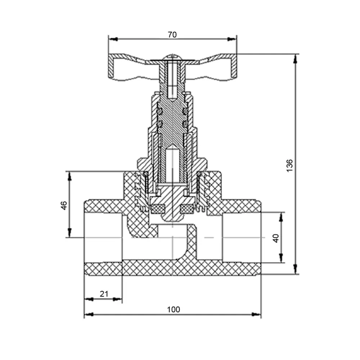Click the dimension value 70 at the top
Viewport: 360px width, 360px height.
click(x=172, y=35)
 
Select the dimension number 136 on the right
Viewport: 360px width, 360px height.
click(x=290, y=165)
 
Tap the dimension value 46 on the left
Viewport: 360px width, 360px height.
click(x=64, y=205)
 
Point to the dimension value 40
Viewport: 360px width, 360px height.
click(x=276, y=238)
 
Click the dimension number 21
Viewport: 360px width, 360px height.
click(x=104, y=294)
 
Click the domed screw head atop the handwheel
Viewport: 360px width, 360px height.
click(x=173, y=57)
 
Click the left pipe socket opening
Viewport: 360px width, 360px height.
click(x=103, y=238)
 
